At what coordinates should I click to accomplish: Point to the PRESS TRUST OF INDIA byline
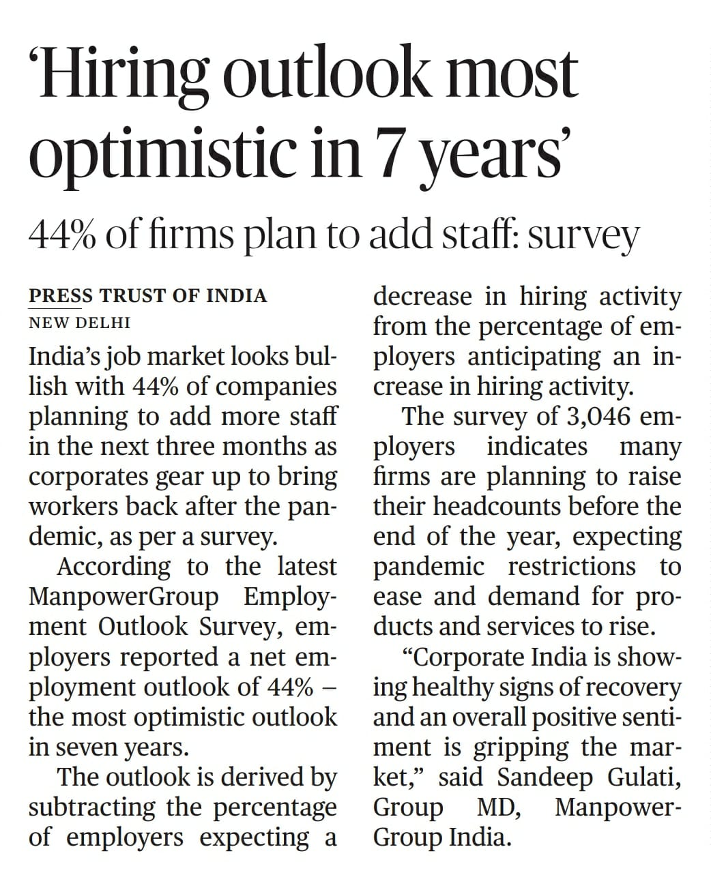pyautogui.click(x=147, y=296)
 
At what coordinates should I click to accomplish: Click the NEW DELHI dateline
pyautogui.click(x=79, y=322)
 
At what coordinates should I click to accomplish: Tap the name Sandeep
pyautogui.click(x=536, y=777)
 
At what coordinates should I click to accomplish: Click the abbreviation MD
pyautogui.click(x=499, y=807)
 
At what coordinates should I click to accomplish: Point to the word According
pyautogui.click(x=114, y=566)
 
